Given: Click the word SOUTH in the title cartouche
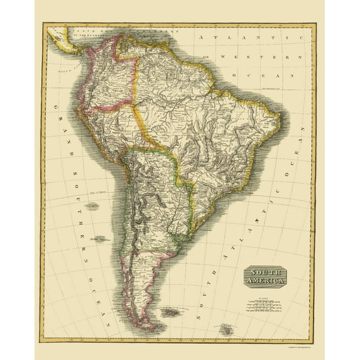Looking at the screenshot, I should (x=263, y=272).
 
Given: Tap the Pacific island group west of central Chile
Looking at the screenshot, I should (x=99, y=239).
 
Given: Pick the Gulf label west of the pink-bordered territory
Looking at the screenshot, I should (x=66, y=73).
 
